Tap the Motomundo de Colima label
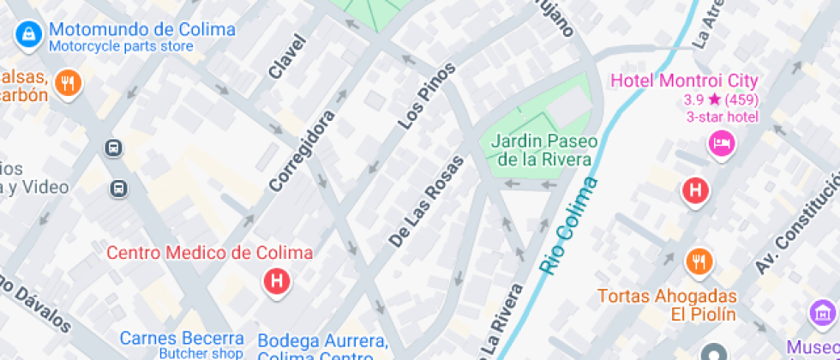[x=142, y=29]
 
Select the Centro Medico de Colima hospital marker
[x=276, y=281]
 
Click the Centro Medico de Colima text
[x=209, y=253]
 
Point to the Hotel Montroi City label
[x=684, y=81]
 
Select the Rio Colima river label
[x=567, y=226]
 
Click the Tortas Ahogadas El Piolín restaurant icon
[x=699, y=261]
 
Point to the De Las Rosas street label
[x=426, y=202]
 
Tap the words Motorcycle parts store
[x=121, y=46]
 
